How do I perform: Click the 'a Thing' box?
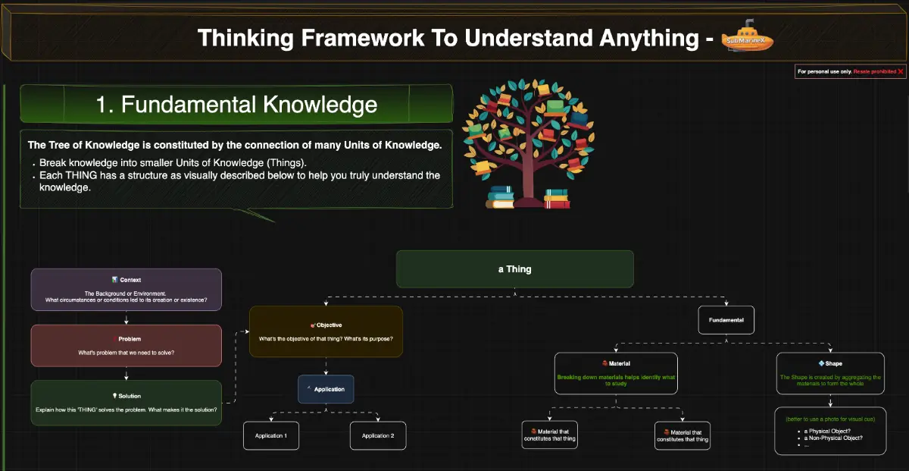point(515,269)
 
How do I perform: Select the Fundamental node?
point(726,320)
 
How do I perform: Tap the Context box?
point(126,289)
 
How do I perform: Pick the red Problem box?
point(126,345)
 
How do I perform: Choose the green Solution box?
point(126,402)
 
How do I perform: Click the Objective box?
point(326,331)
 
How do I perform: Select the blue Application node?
point(326,389)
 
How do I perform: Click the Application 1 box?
point(270,435)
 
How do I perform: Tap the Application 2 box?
point(378,435)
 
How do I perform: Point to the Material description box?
point(616,372)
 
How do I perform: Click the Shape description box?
point(830,372)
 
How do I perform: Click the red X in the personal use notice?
point(900,71)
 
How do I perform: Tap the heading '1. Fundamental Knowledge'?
point(236,104)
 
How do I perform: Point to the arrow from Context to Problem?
point(126,318)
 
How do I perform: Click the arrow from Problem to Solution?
point(126,374)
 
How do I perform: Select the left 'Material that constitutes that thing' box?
point(549,435)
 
